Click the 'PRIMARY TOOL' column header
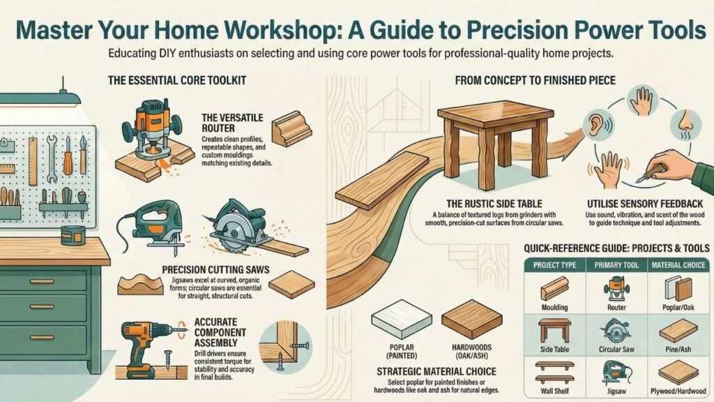(x=617, y=265)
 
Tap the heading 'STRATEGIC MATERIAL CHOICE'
(x=437, y=370)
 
